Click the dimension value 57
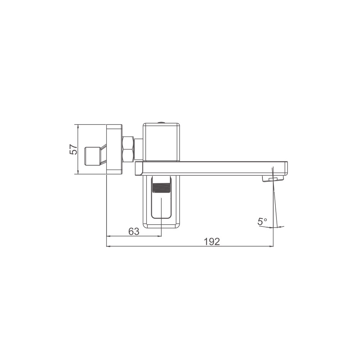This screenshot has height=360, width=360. point(73,149)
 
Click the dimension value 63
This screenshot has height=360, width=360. point(134,231)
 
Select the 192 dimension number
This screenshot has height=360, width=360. point(212,242)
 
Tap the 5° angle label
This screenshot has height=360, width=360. point(262,221)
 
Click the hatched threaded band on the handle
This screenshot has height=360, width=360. point(161,188)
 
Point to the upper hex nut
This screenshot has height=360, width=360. point(128,143)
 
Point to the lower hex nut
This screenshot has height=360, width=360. point(128,156)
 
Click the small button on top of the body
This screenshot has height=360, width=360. point(161,122)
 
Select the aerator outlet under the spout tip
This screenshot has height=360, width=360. point(273,179)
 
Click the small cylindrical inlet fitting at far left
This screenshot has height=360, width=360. point(93,156)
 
